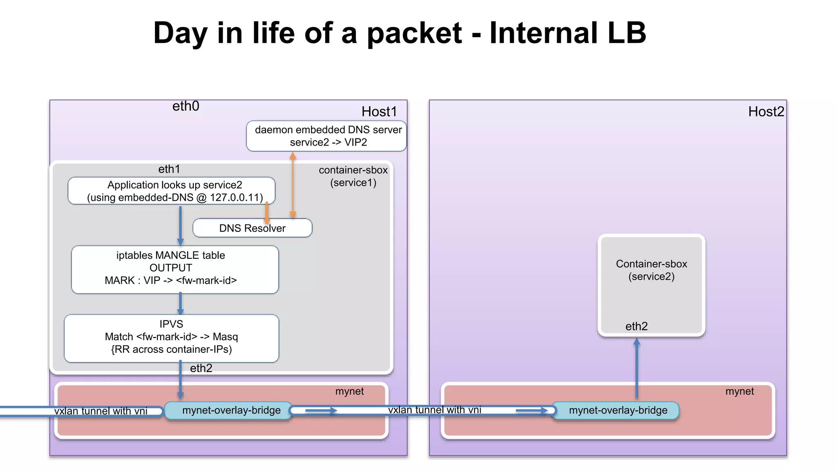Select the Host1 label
coord(379,112)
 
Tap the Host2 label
coord(766,112)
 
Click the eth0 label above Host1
coord(186,106)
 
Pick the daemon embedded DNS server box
coord(326,136)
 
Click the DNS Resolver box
coord(252,228)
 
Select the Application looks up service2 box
coord(172,191)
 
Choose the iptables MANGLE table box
coord(175,269)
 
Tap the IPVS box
coord(172,338)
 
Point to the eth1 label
coord(169,169)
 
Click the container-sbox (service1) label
coord(353,176)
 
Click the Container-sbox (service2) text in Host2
coord(651,270)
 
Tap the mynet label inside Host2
coord(739,391)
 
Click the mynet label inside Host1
coord(349,391)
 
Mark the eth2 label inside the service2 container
coord(636,326)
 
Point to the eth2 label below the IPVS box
coord(201,368)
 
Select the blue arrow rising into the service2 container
coord(637,368)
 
